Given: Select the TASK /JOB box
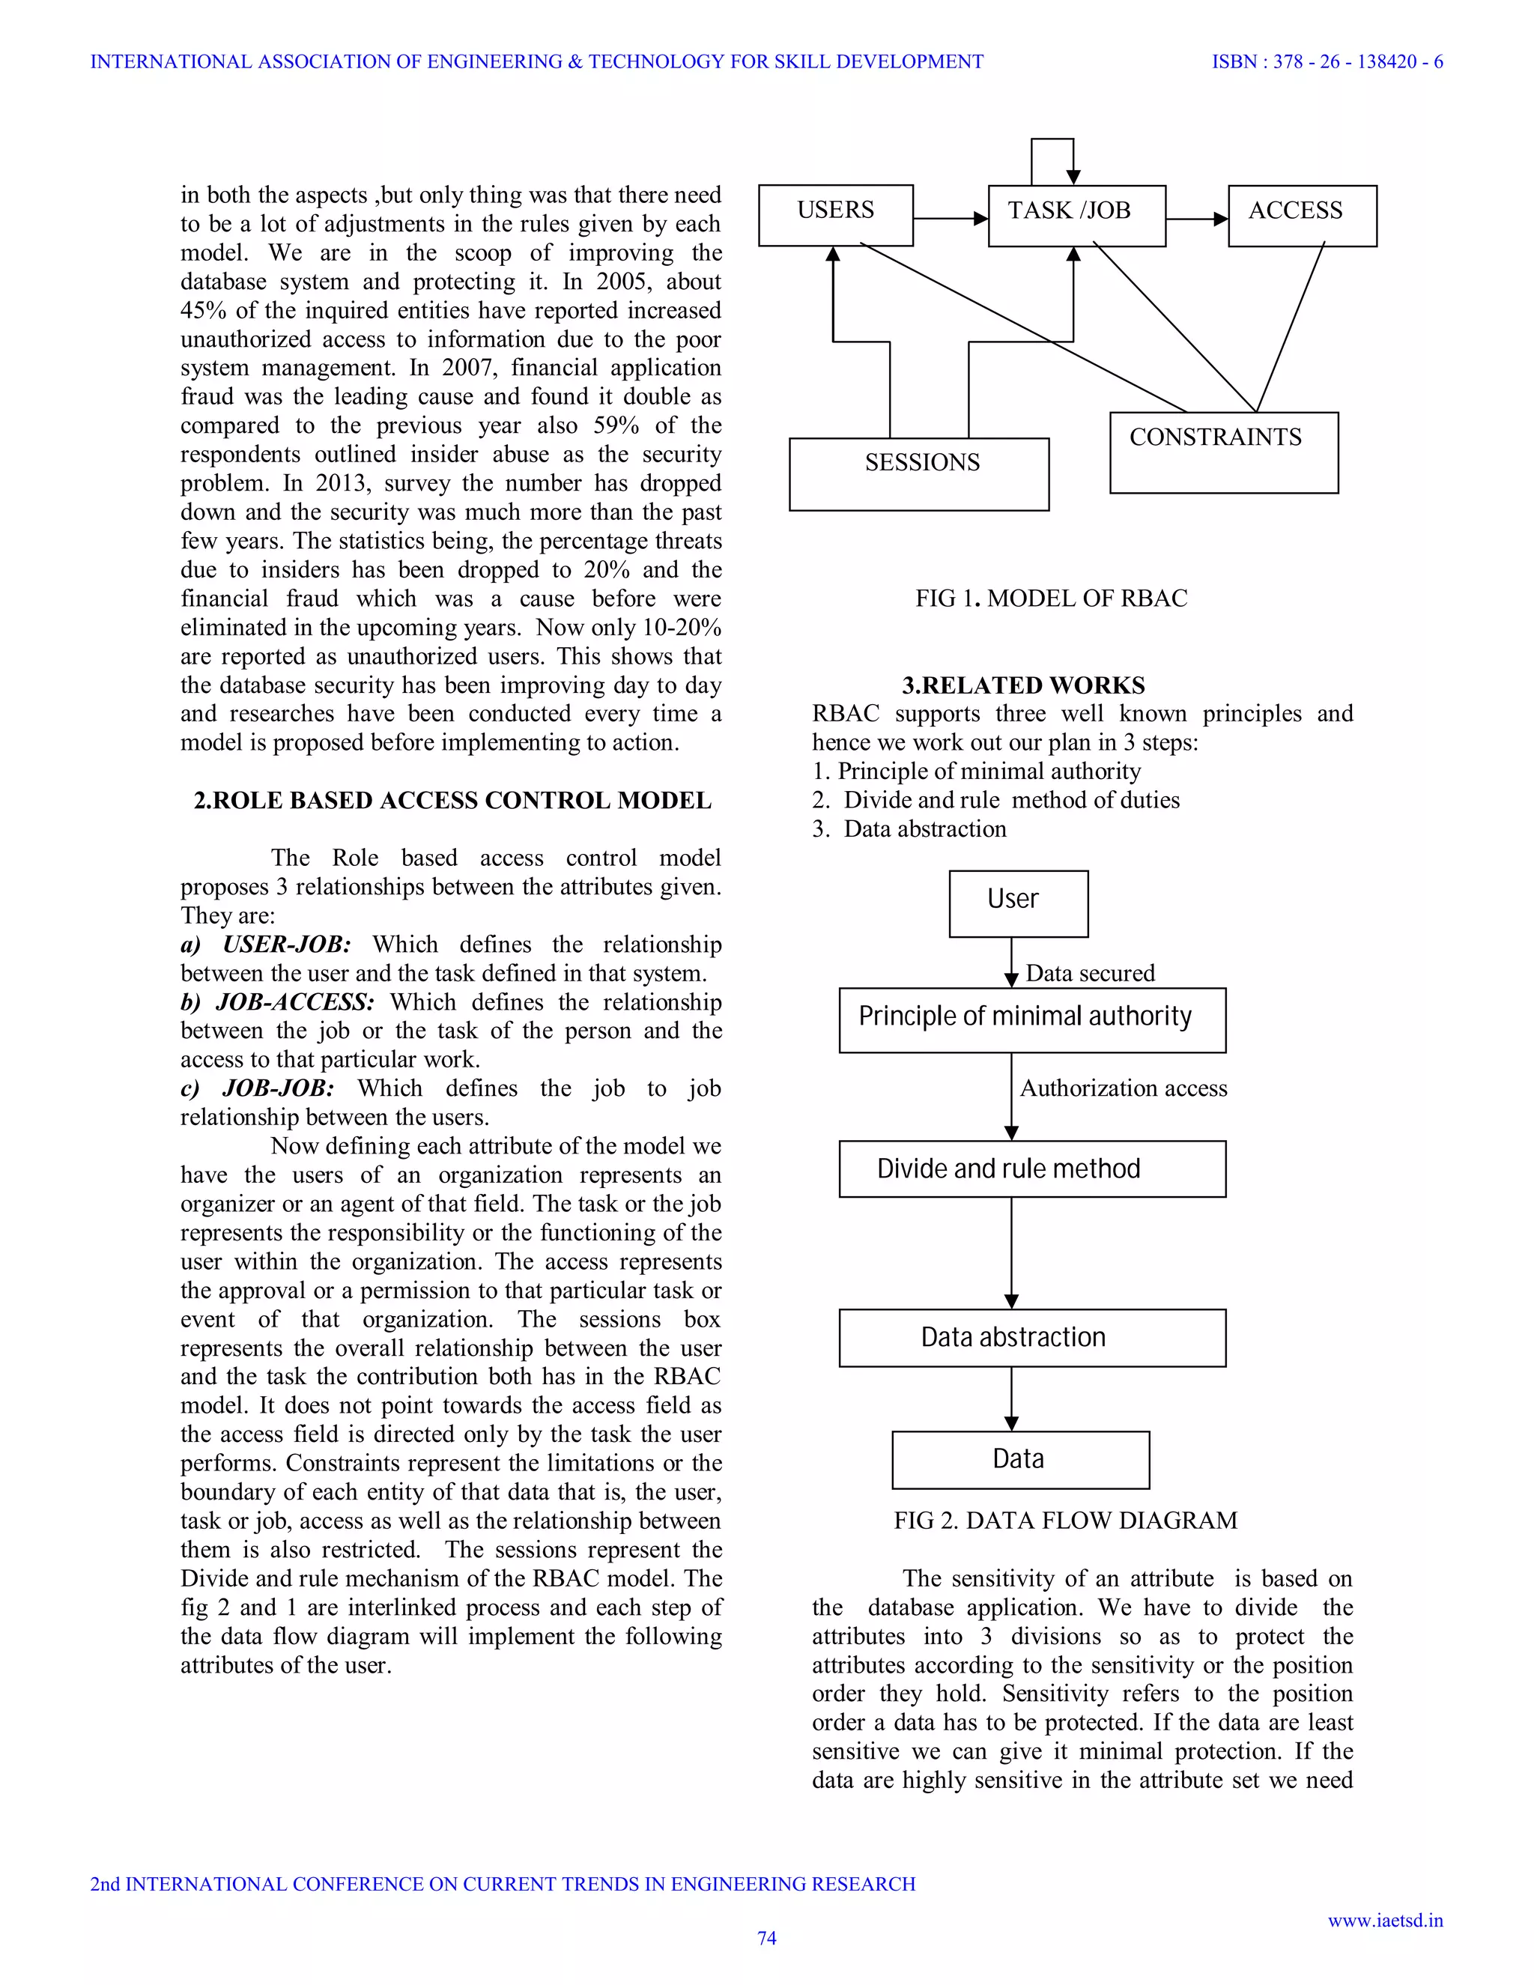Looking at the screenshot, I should coord(1076,216).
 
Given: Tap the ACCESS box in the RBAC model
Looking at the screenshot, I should coord(1301,216).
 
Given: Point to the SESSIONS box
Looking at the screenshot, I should coord(919,473).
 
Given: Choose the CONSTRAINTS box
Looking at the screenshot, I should coord(1223,452).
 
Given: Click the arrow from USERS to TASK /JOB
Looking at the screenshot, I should coord(950,218).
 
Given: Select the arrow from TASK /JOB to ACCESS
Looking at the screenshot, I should coord(1196,218).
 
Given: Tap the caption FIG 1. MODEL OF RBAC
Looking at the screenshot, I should coord(1051,598).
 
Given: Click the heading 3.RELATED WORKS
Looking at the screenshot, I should coord(1023,685).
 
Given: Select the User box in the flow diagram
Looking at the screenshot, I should coord(1018,903).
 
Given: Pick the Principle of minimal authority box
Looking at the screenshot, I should coord(1031,1019).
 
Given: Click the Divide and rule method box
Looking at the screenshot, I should coord(1031,1169).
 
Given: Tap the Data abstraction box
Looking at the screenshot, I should coord(1031,1338).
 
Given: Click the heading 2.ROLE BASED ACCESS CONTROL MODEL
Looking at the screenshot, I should coord(452,801).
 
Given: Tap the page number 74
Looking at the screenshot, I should coord(767,1938).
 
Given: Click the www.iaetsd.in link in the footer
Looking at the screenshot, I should coord(1385,1920).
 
